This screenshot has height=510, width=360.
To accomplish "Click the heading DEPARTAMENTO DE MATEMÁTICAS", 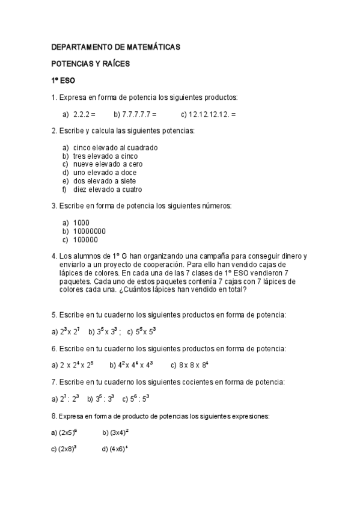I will [115, 47].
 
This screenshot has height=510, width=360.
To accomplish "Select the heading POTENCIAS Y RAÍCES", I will [90, 63].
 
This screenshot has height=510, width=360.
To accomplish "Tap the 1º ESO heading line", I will [63, 80].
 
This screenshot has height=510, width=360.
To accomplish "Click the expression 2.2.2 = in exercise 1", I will [84, 114].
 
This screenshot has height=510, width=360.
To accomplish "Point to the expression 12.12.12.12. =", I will [209, 114].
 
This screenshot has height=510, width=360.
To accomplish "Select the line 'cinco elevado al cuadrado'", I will [115, 147].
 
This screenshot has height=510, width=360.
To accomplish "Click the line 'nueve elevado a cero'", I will [108, 164].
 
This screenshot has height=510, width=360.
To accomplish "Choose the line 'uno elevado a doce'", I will [105, 173].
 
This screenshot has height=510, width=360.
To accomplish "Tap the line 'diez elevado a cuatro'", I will [108, 189].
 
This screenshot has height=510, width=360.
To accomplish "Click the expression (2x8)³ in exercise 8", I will [67, 449].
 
